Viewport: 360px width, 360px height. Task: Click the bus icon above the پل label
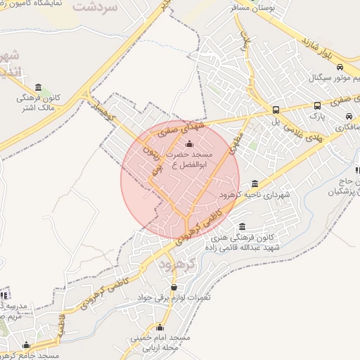(x=276, y=110)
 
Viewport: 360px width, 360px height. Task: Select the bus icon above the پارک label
(x=317, y=106)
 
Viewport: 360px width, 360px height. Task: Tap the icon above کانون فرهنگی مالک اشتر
(x=37, y=88)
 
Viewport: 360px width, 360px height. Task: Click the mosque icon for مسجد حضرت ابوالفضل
(x=187, y=144)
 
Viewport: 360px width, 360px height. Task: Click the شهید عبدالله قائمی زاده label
(x=243, y=248)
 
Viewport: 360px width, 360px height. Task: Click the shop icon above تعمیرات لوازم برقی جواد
(x=174, y=288)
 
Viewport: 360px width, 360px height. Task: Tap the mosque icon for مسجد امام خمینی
(x=160, y=327)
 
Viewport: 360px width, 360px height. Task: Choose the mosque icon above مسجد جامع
(x=27, y=345)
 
